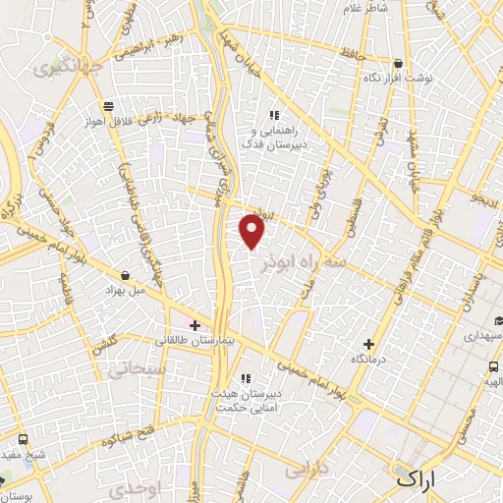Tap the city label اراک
pyautogui.click(x=419, y=479)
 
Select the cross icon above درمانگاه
pyautogui.click(x=369, y=344)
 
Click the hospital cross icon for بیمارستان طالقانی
pyautogui.click(x=195, y=325)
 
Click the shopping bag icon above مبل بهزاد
pyautogui.click(x=125, y=276)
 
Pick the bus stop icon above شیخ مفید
pyautogui.click(x=6, y=481)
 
